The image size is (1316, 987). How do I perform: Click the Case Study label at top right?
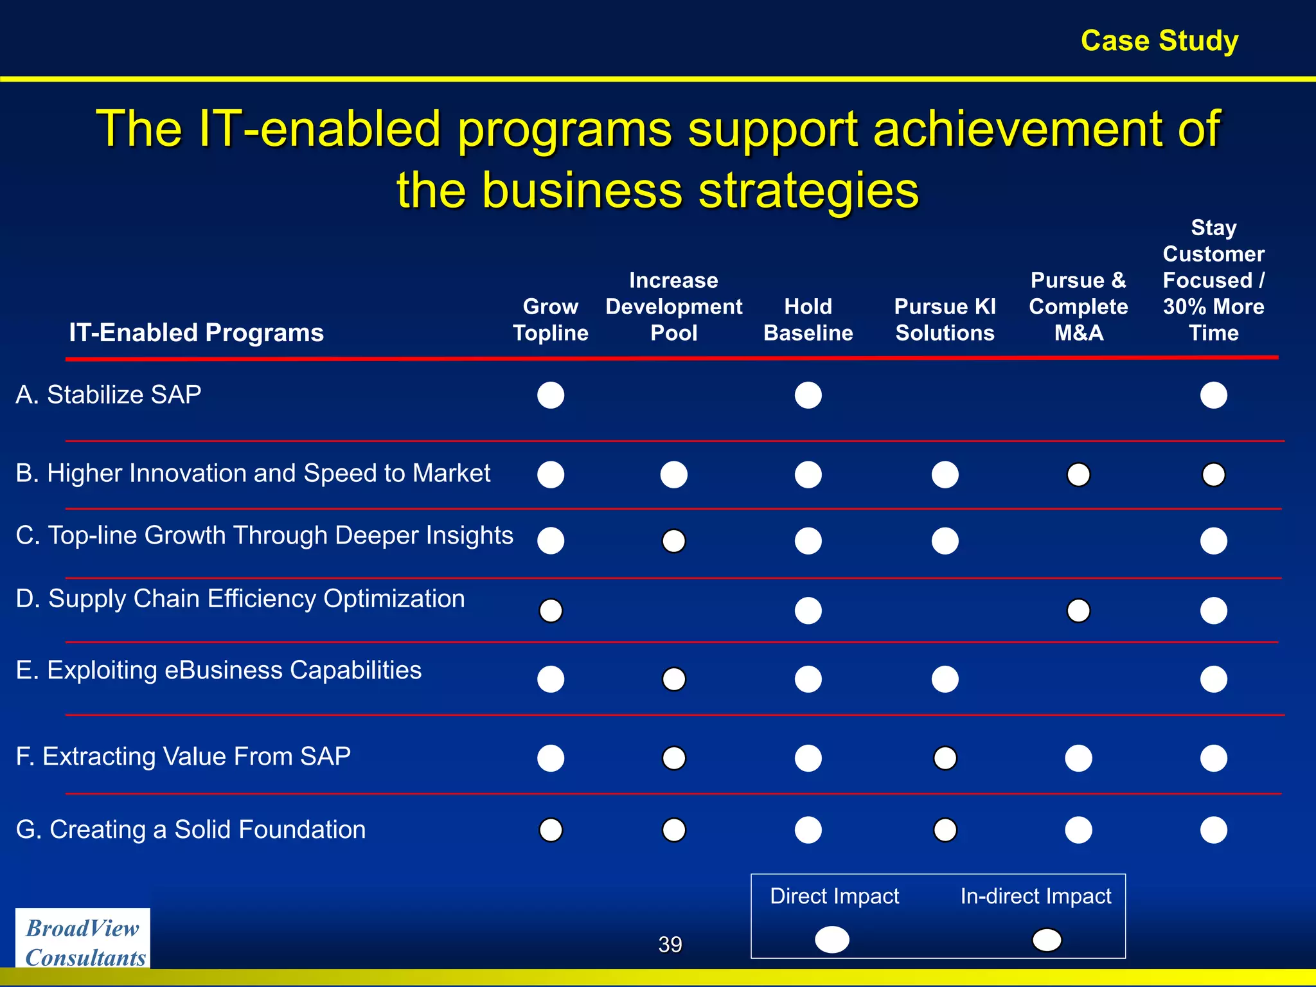pos(1159,40)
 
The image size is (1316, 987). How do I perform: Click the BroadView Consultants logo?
pos(83,941)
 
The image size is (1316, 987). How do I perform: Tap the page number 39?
pos(670,944)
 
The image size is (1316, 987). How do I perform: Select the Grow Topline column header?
pos(550,319)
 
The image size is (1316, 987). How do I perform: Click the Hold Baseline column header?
pos(808,319)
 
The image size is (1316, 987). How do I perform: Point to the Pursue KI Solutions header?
pos(945,319)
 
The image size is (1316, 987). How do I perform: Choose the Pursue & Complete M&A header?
pos(1078,307)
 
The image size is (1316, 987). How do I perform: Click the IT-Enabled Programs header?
pos(196,332)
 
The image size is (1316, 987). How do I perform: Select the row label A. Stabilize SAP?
pos(109,394)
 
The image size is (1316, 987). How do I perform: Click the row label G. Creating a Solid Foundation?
pos(191,829)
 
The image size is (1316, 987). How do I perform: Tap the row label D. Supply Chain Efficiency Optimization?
pos(240,598)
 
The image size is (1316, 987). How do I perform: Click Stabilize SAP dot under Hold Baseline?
pos(808,395)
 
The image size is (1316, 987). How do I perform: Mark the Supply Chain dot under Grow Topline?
pos(551,610)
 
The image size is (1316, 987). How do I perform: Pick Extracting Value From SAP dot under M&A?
pos(1078,758)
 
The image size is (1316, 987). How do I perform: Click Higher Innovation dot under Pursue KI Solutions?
pos(945,474)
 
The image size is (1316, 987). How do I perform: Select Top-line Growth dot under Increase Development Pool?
pos(673,540)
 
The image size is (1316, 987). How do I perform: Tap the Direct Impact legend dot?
pos(831,939)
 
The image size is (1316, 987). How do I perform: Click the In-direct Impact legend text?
pos(1035,896)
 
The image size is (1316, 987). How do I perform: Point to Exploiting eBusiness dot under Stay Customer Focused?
pos(1213,679)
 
